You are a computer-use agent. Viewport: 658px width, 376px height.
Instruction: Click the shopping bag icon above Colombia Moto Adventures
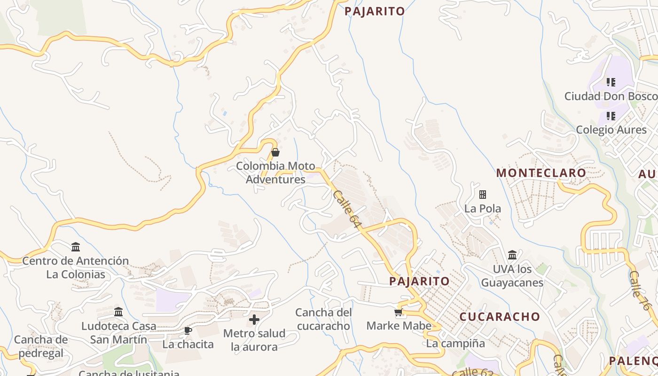click(x=275, y=152)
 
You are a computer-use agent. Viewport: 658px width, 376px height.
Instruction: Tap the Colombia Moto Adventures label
click(x=275, y=172)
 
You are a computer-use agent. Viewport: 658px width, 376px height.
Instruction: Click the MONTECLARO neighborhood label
click(x=541, y=173)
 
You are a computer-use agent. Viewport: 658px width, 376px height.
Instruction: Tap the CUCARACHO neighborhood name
click(x=500, y=316)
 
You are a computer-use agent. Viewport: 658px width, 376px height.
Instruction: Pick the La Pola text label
click(x=483, y=208)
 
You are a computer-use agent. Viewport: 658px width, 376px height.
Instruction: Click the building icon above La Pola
click(x=482, y=194)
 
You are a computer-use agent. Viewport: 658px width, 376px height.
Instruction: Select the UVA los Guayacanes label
click(x=512, y=276)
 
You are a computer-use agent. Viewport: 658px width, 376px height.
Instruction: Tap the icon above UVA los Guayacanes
click(x=512, y=255)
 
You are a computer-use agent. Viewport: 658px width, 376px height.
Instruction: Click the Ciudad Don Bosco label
click(x=611, y=96)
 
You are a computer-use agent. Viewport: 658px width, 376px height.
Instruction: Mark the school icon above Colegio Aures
click(x=611, y=116)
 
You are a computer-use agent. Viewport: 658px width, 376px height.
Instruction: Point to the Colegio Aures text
click(x=611, y=130)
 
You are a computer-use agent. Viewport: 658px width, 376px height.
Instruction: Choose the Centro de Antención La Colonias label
click(x=76, y=267)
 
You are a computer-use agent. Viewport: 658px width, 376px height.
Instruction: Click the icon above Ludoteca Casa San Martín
click(x=118, y=312)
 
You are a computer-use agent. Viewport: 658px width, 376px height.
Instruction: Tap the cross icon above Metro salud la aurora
click(x=254, y=320)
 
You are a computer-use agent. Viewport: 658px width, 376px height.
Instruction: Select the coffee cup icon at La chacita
click(x=188, y=331)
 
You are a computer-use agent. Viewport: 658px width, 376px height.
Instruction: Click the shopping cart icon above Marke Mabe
click(x=399, y=312)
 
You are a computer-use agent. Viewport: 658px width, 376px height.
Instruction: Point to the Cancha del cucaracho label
click(x=323, y=319)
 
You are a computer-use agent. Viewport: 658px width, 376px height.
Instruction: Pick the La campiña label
click(x=455, y=344)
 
